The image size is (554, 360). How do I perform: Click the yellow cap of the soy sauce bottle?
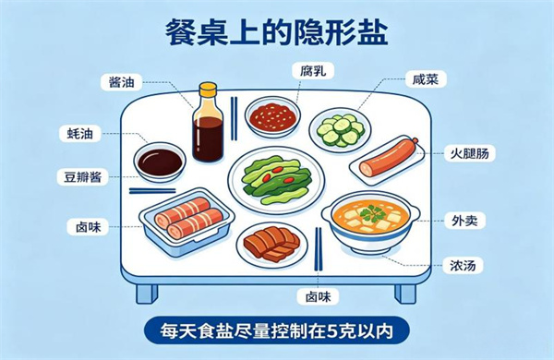[208, 90]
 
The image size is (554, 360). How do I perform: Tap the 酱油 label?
[122, 83]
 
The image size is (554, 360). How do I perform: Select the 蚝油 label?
[79, 134]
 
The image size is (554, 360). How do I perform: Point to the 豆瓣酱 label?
[82, 176]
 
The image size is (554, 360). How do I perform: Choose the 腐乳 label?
[313, 71]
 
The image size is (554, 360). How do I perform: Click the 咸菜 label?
[426, 79]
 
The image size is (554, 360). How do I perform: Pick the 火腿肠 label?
[470, 153]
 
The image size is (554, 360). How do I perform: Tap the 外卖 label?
[464, 221]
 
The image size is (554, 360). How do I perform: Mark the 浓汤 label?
[463, 265]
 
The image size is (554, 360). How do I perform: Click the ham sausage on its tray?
[388, 158]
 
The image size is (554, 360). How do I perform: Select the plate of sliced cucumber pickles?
[340, 130]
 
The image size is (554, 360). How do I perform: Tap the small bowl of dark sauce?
[160, 162]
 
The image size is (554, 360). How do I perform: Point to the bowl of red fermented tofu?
[272, 116]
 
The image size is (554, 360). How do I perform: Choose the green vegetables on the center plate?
[276, 180]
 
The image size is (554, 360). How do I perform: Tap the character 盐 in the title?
[372, 32]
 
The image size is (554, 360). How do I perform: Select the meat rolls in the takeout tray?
[188, 218]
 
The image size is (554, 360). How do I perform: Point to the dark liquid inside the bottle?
[208, 138]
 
